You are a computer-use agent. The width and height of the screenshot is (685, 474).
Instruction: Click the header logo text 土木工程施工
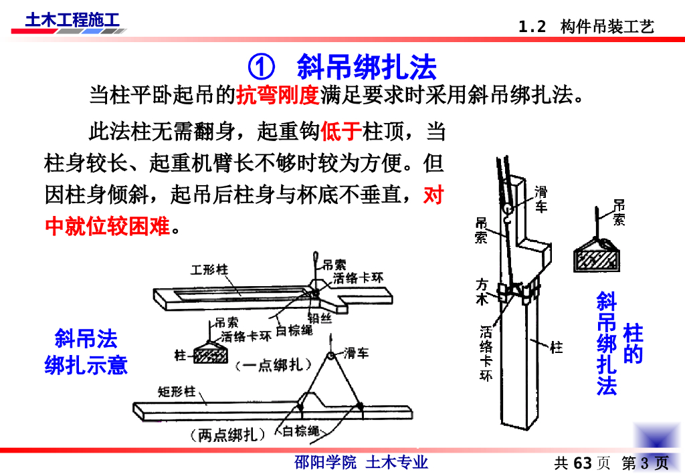pos(72,20)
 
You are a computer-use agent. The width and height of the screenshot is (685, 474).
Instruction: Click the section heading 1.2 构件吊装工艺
pos(586,27)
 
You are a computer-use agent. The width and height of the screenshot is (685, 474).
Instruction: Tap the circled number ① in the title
pos(262,68)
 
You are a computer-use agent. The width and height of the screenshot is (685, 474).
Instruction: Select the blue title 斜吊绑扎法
pos(367,68)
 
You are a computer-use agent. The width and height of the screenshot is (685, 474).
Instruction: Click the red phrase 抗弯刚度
pos(278,95)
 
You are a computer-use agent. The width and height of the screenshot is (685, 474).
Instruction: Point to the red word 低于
pos(341,131)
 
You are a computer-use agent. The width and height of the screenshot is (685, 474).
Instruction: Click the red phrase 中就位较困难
pos(108,226)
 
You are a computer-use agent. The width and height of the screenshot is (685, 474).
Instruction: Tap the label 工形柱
pos(209,269)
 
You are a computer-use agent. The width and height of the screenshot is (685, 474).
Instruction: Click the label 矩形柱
pos(177,392)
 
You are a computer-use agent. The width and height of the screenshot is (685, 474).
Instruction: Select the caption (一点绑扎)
pos(274,365)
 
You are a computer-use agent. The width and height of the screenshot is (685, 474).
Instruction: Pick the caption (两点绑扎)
pos(227,435)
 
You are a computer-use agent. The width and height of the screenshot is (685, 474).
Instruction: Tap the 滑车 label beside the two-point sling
pos(356,353)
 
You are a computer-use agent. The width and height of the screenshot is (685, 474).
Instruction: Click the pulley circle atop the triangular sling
pos(330,356)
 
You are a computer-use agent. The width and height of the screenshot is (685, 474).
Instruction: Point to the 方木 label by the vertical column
pos(482,291)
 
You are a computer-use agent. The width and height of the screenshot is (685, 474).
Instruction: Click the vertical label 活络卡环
pos(486,353)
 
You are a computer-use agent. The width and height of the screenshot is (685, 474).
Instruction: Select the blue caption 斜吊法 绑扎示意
pos(86,352)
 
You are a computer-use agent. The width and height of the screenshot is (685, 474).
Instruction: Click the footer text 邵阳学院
pos(326,462)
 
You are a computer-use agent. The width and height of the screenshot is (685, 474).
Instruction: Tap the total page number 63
pos(583,463)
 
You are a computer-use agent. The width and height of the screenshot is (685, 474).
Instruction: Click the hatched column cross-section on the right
pos(597,260)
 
